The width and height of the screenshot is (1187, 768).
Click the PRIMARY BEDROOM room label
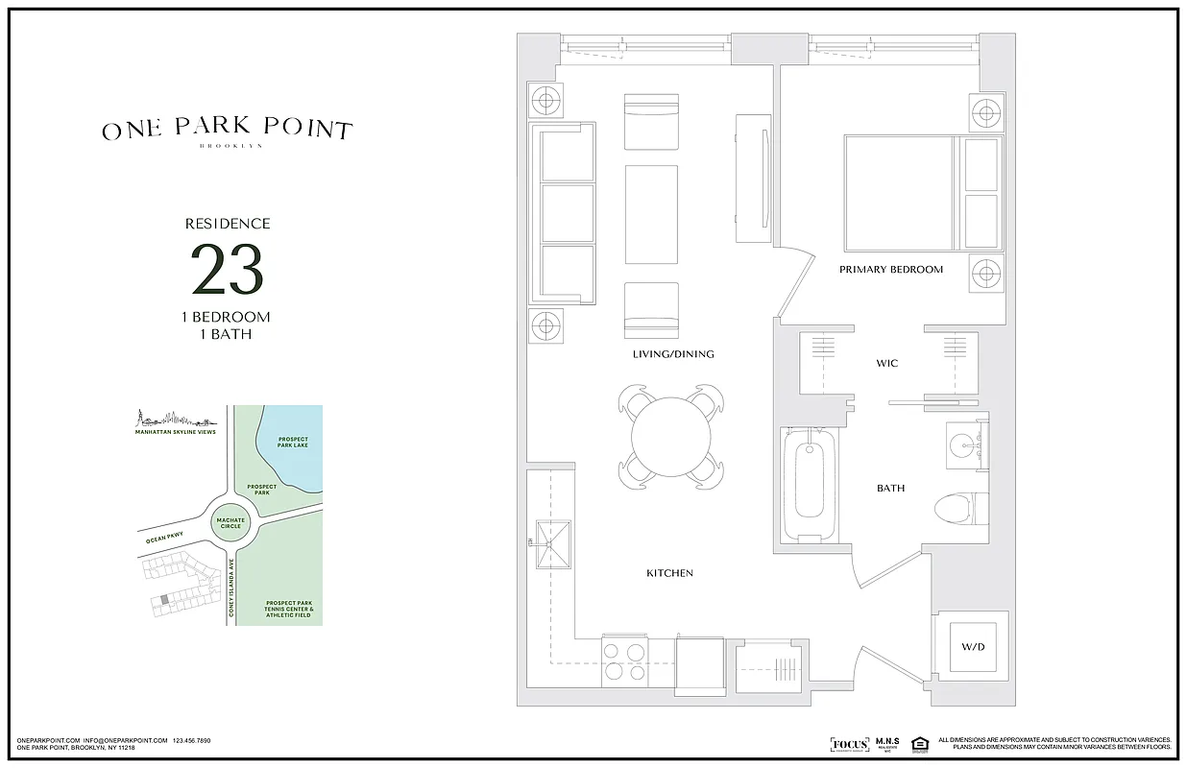pyautogui.click(x=890, y=270)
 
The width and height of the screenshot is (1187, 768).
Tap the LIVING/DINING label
pyautogui.click(x=672, y=354)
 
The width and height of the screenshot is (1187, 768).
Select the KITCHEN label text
pyautogui.click(x=669, y=573)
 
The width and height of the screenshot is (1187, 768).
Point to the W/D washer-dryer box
pyautogui.click(x=972, y=647)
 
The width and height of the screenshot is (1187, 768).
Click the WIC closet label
pyautogui.click(x=886, y=363)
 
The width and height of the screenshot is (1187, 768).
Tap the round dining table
pyautogui.click(x=670, y=435)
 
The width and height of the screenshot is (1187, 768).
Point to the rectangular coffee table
pyautogui.click(x=651, y=214)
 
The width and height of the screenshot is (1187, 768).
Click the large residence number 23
pyautogui.click(x=228, y=270)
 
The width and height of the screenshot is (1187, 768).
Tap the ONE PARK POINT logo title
pyautogui.click(x=228, y=130)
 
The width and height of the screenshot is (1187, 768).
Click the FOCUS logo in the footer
pyautogui.click(x=848, y=743)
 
